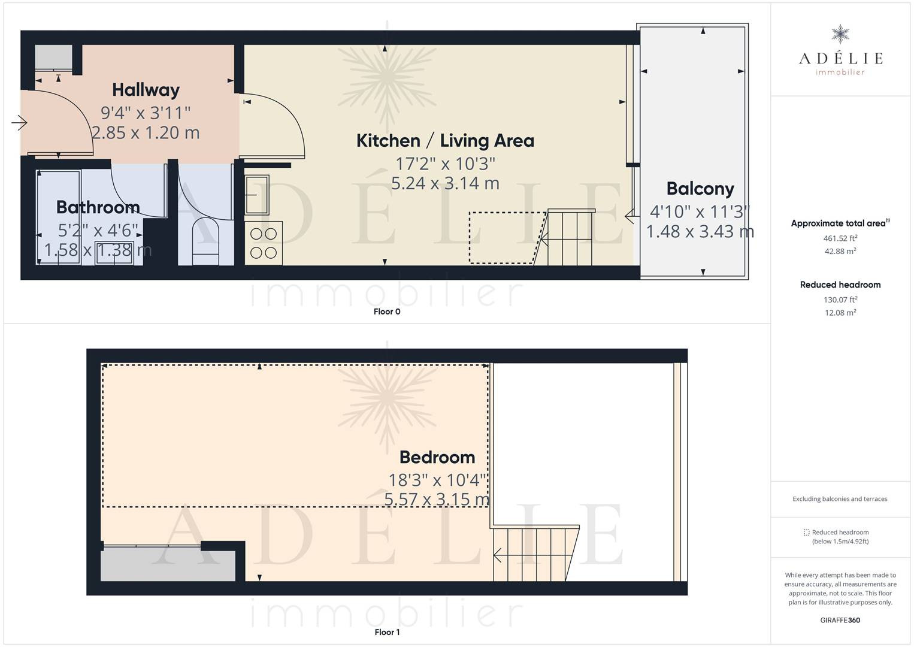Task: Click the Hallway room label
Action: point(146,90)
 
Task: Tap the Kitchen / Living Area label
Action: point(445,141)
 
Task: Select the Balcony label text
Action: point(700,189)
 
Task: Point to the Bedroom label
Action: point(437,457)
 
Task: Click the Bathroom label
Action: point(98,207)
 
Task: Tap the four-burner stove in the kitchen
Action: point(264,243)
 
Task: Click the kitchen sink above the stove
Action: point(257,195)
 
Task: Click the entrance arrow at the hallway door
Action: point(19,122)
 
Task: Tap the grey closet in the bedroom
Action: point(168,566)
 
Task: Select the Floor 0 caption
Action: point(387,312)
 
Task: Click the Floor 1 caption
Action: point(387,632)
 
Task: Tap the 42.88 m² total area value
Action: point(840,251)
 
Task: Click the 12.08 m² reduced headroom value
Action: point(840,313)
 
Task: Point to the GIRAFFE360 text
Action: point(840,620)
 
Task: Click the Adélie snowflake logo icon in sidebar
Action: point(840,34)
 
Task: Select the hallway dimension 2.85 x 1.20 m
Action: point(146,132)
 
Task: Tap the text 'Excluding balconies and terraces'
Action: point(840,499)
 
